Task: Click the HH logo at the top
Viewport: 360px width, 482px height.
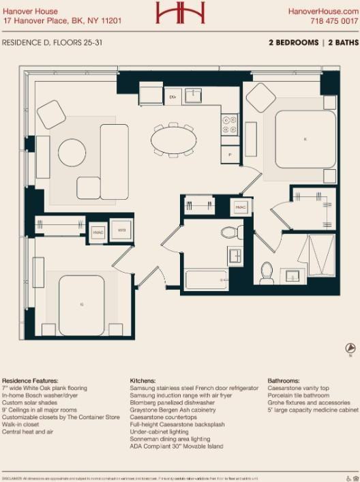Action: (x=180, y=12)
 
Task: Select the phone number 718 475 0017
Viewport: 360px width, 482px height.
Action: (x=333, y=21)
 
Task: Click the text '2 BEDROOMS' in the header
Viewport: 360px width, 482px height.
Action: (x=293, y=42)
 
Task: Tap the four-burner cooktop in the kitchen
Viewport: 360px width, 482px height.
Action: (x=229, y=125)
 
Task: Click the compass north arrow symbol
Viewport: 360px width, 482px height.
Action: (x=349, y=349)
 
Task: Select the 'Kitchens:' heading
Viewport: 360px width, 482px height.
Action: (x=144, y=380)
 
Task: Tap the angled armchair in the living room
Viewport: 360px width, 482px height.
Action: (x=51, y=114)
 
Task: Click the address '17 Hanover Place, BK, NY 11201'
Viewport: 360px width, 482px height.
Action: (x=62, y=21)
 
